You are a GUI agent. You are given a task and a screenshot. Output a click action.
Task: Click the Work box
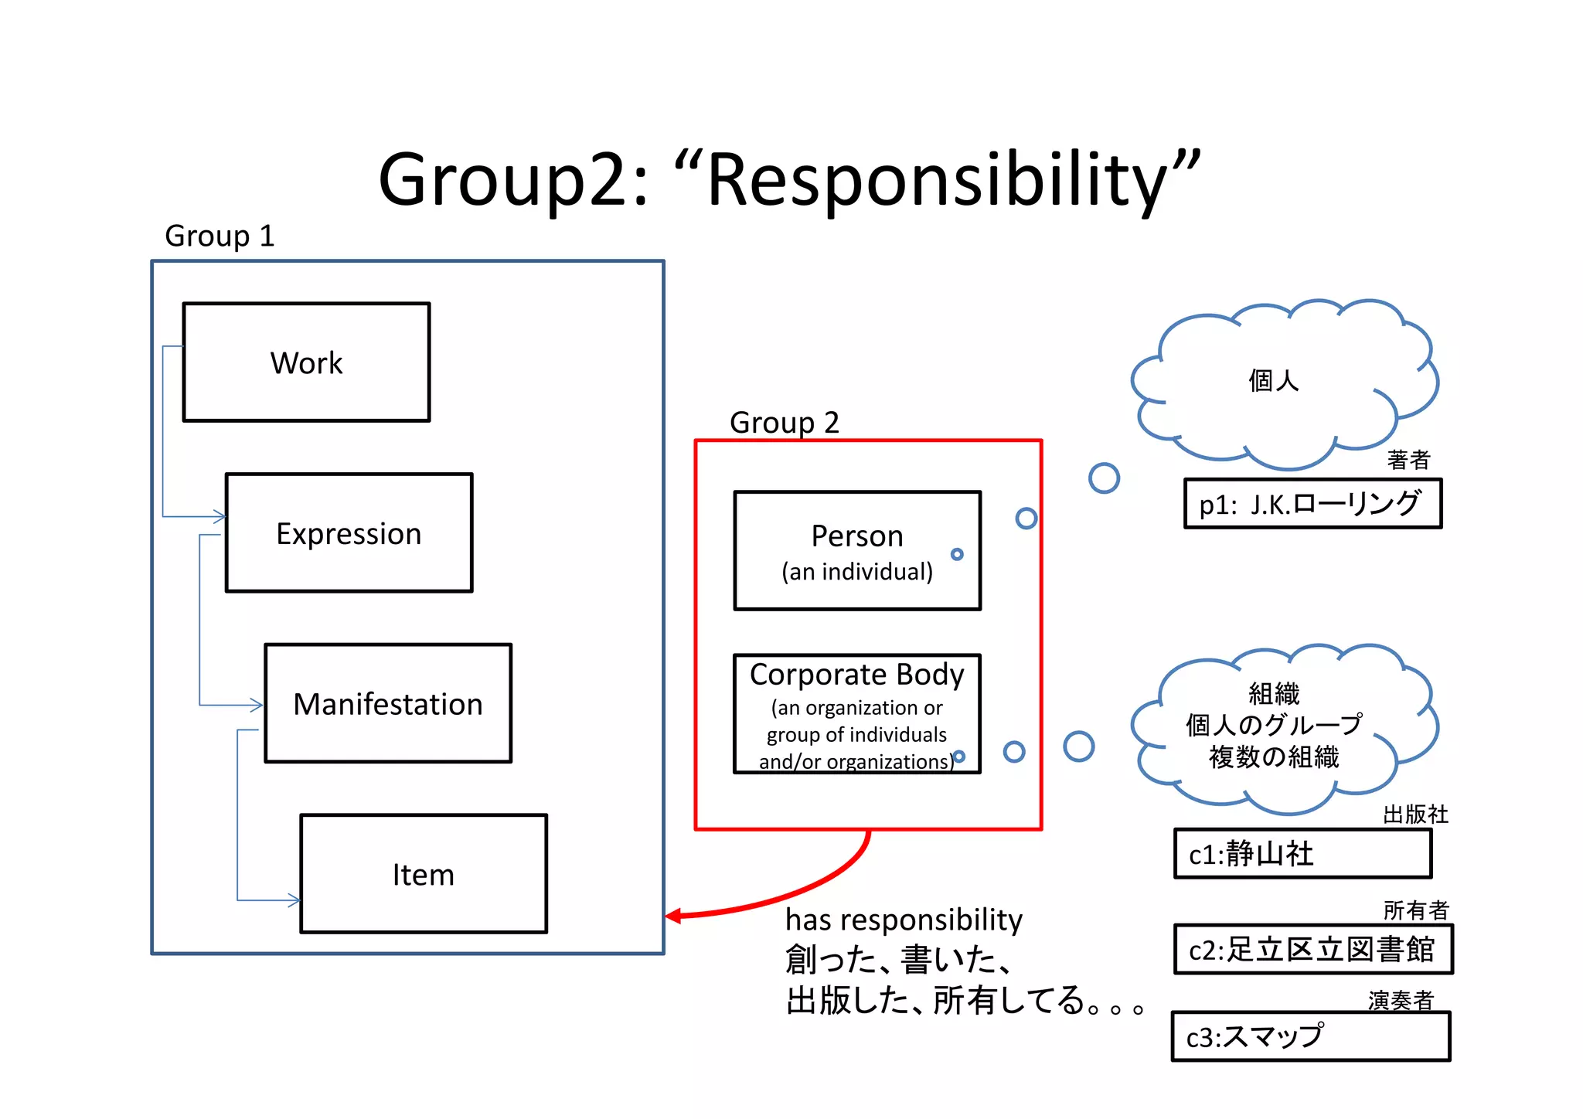(x=306, y=362)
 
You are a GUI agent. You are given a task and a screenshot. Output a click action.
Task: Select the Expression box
(x=349, y=533)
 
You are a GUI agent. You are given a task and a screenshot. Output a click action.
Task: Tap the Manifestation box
(x=388, y=703)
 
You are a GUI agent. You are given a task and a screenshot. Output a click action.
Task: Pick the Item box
(x=424, y=874)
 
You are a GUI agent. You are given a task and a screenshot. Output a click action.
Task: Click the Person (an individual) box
(x=856, y=551)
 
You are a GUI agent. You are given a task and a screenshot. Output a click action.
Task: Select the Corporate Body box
(x=856, y=714)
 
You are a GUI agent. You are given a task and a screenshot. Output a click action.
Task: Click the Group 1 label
(x=220, y=236)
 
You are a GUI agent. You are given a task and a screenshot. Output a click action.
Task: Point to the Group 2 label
(x=784, y=423)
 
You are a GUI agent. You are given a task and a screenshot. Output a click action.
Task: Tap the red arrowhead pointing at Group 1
(x=673, y=916)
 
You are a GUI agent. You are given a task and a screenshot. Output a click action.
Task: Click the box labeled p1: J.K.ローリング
(x=1312, y=504)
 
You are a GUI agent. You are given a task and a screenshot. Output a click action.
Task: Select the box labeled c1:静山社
(x=1302, y=854)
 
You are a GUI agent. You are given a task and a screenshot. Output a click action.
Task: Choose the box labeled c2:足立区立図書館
(x=1312, y=950)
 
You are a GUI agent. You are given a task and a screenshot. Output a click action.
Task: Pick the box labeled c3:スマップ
(x=1310, y=1037)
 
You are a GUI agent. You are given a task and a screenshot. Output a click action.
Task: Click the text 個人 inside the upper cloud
(x=1273, y=381)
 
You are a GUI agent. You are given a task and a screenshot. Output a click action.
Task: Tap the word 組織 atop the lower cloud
(x=1273, y=693)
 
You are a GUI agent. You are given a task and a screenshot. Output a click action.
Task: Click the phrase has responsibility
(x=904, y=920)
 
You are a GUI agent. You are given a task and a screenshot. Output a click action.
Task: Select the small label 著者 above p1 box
(x=1408, y=461)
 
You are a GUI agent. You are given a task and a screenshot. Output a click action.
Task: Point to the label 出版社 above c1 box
(x=1414, y=815)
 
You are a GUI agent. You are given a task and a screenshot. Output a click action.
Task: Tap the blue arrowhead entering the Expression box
(x=220, y=515)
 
